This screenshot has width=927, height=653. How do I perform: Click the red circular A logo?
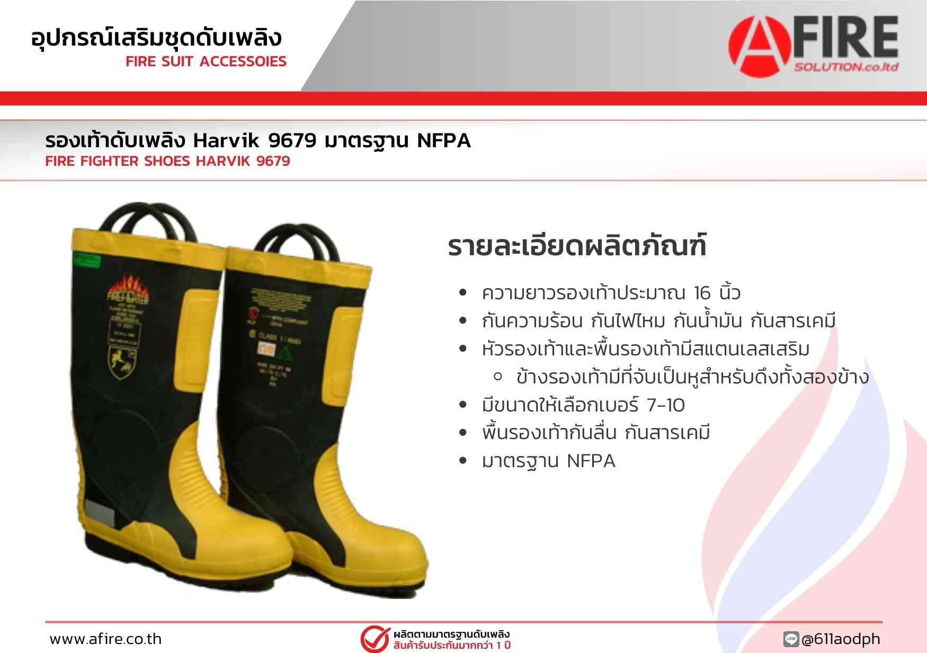coord(761,47)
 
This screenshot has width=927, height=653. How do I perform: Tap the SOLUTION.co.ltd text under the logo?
coord(846,67)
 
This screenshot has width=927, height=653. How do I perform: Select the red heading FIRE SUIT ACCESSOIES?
coord(206,61)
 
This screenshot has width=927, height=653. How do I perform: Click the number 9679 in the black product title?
coord(292,141)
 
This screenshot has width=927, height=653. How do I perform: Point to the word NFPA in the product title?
coord(444,141)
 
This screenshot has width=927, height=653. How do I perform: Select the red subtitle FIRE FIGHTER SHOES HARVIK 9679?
coord(167,161)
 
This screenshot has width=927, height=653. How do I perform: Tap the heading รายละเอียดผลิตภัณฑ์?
coord(577,246)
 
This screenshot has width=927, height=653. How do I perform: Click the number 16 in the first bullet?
coord(702,293)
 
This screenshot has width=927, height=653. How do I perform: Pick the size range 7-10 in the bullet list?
coord(665,405)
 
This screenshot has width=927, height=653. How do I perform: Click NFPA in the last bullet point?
coord(591,461)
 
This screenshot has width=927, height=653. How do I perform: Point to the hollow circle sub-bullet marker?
coord(497,377)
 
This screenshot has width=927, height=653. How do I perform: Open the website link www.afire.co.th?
coord(105,639)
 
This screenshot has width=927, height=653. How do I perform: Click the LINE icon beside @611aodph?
coord(791,639)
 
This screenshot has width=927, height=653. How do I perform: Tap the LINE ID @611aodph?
coord(841,639)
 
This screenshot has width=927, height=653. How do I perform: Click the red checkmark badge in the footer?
coord(375,639)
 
